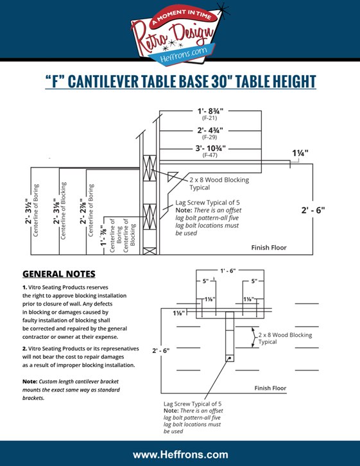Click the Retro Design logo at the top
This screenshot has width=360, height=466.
pyautogui.click(x=178, y=34)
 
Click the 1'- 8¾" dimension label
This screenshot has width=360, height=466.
pyautogui.click(x=210, y=111)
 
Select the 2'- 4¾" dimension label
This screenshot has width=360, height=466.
pyautogui.click(x=210, y=130)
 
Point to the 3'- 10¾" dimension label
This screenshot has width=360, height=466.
pyautogui.click(x=210, y=148)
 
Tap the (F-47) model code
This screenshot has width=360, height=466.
pyautogui.click(x=210, y=155)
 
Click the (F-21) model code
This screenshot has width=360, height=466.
pyautogui.click(x=210, y=117)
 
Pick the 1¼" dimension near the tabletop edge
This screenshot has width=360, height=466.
pyautogui.click(x=300, y=153)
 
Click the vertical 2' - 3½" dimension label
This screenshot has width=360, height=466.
pyautogui.click(x=28, y=211)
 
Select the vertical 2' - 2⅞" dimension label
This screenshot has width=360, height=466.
pyautogui.click(x=83, y=211)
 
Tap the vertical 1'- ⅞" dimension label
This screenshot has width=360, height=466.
pyautogui.click(x=103, y=232)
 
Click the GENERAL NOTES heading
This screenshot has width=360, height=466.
pyautogui.click(x=59, y=273)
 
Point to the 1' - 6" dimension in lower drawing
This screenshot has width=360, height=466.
pyautogui.click(x=228, y=270)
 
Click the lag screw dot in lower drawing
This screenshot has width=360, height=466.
pyautogui.click(x=230, y=358)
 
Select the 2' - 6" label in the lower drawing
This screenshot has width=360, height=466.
pyautogui.click(x=160, y=350)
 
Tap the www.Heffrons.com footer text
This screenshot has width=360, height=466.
pyautogui.click(x=180, y=454)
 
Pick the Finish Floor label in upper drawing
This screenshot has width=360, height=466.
pyautogui.click(x=269, y=248)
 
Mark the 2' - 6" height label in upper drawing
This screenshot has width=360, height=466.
pyautogui.click(x=313, y=210)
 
